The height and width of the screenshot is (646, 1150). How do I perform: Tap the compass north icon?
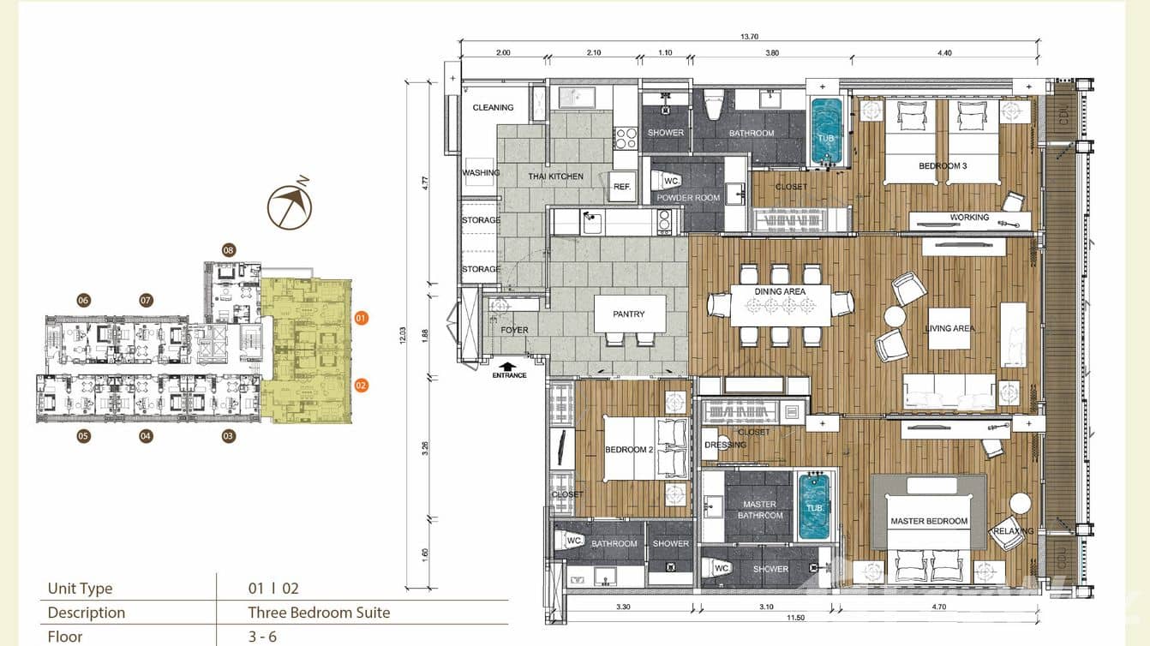click(x=290, y=206)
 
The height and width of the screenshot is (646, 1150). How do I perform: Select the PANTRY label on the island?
click(x=628, y=314)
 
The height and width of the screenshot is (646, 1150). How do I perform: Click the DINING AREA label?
click(x=780, y=292)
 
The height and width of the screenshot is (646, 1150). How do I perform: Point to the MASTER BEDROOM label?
click(x=929, y=521)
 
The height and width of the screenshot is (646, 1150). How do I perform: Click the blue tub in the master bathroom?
click(x=815, y=508)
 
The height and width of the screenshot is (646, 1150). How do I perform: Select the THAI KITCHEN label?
click(x=555, y=176)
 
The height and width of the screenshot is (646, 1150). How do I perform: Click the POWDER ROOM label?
click(x=688, y=198)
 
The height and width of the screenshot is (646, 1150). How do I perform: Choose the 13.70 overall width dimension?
click(x=752, y=36)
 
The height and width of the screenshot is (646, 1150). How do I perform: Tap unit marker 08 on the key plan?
click(x=229, y=250)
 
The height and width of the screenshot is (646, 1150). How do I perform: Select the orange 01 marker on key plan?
click(x=361, y=318)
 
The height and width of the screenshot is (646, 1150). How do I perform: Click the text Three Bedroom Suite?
click(x=319, y=613)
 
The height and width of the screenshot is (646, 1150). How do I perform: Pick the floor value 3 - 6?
click(x=262, y=637)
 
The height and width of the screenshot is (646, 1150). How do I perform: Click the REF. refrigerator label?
click(x=622, y=187)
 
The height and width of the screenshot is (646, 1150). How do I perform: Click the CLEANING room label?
click(x=494, y=108)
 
